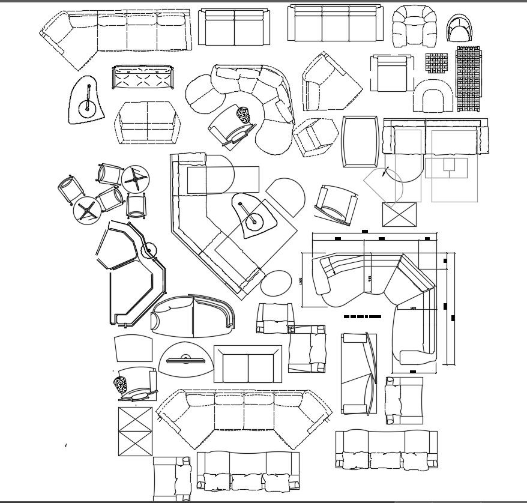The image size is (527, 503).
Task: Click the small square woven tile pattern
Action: [x=437, y=62]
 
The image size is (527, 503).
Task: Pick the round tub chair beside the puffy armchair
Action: [x=460, y=28]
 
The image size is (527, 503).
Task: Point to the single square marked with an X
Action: [x=399, y=214]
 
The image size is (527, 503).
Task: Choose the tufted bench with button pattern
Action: [x=143, y=77]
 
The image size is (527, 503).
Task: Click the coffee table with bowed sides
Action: [x=360, y=141]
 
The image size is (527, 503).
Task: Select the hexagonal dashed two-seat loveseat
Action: [x=147, y=123]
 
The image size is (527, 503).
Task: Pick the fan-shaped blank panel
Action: [x=133, y=349]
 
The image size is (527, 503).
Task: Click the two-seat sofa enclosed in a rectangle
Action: [x=248, y=364]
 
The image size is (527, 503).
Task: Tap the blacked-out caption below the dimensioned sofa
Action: [x=363, y=316]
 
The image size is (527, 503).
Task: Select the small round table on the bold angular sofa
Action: [x=148, y=250]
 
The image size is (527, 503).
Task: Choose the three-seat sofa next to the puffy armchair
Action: [x=335, y=24]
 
